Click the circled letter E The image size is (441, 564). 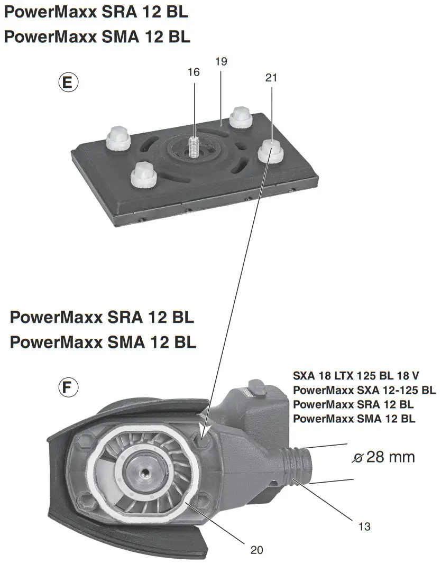68,83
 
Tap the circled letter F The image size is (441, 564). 68,388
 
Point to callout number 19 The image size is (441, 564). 221,61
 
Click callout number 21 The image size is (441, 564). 271,78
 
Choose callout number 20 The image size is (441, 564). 256,549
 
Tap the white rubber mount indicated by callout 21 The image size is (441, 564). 270,150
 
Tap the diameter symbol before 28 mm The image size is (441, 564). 359,458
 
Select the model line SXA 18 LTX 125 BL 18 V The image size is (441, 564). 356,376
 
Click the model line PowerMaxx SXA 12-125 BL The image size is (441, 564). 364,390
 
